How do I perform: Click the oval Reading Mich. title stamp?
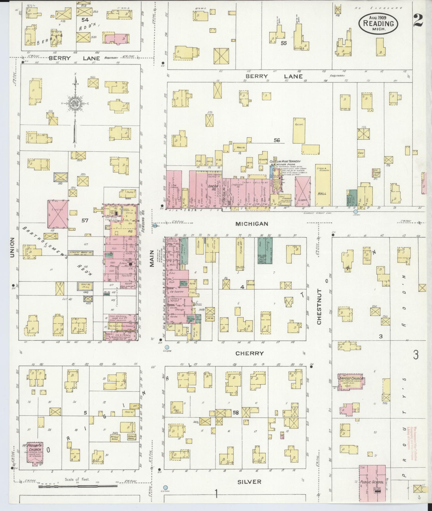point(378,23)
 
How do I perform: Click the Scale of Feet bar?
point(78,486)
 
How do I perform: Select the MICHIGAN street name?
point(252,224)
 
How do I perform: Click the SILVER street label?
point(249,482)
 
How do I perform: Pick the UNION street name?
point(12,247)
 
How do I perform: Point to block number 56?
point(277,141)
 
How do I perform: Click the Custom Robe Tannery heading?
point(285,161)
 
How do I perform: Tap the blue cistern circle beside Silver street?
point(166,487)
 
